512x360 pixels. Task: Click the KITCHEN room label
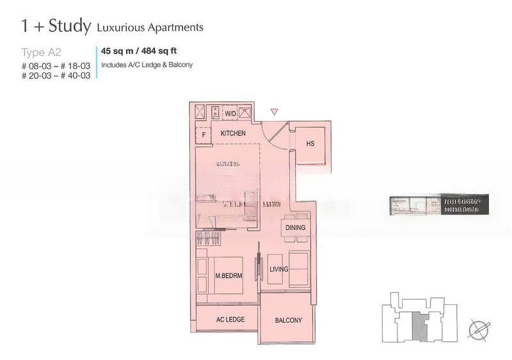coord(233,134)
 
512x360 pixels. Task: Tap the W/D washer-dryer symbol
coord(230,113)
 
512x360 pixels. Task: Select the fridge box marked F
coord(204,135)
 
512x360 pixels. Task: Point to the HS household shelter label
coord(310,144)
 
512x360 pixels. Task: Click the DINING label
coord(295,227)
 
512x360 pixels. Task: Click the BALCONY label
coord(289,320)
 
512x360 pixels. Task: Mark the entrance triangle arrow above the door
coord(274,112)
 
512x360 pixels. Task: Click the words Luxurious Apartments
coord(150,28)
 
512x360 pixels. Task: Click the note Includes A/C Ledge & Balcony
coord(147,65)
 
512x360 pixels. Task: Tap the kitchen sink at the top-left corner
coord(200,113)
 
